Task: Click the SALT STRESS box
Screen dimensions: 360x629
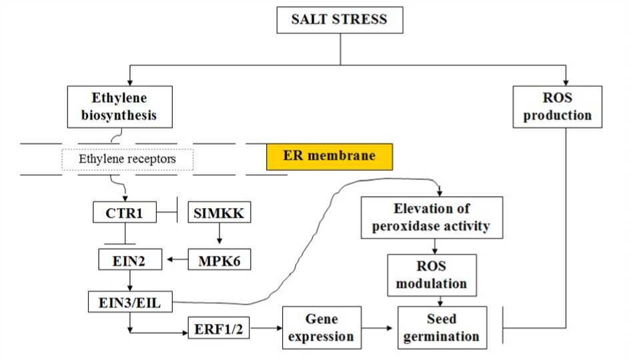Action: [340, 19]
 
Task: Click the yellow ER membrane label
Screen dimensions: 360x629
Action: [329, 156]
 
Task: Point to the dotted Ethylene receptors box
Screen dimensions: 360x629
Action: [127, 159]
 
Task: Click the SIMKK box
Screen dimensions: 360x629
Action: [219, 213]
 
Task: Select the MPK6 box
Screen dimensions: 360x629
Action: [219, 259]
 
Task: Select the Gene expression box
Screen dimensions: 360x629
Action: [320, 327]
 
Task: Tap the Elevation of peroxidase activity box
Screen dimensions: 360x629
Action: [432, 217]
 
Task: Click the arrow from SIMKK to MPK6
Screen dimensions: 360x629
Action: [219, 236]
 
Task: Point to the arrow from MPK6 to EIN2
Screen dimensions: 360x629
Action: [177, 259]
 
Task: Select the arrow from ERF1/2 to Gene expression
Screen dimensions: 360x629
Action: [267, 328]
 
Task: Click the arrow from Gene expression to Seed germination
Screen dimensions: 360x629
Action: [378, 328]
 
